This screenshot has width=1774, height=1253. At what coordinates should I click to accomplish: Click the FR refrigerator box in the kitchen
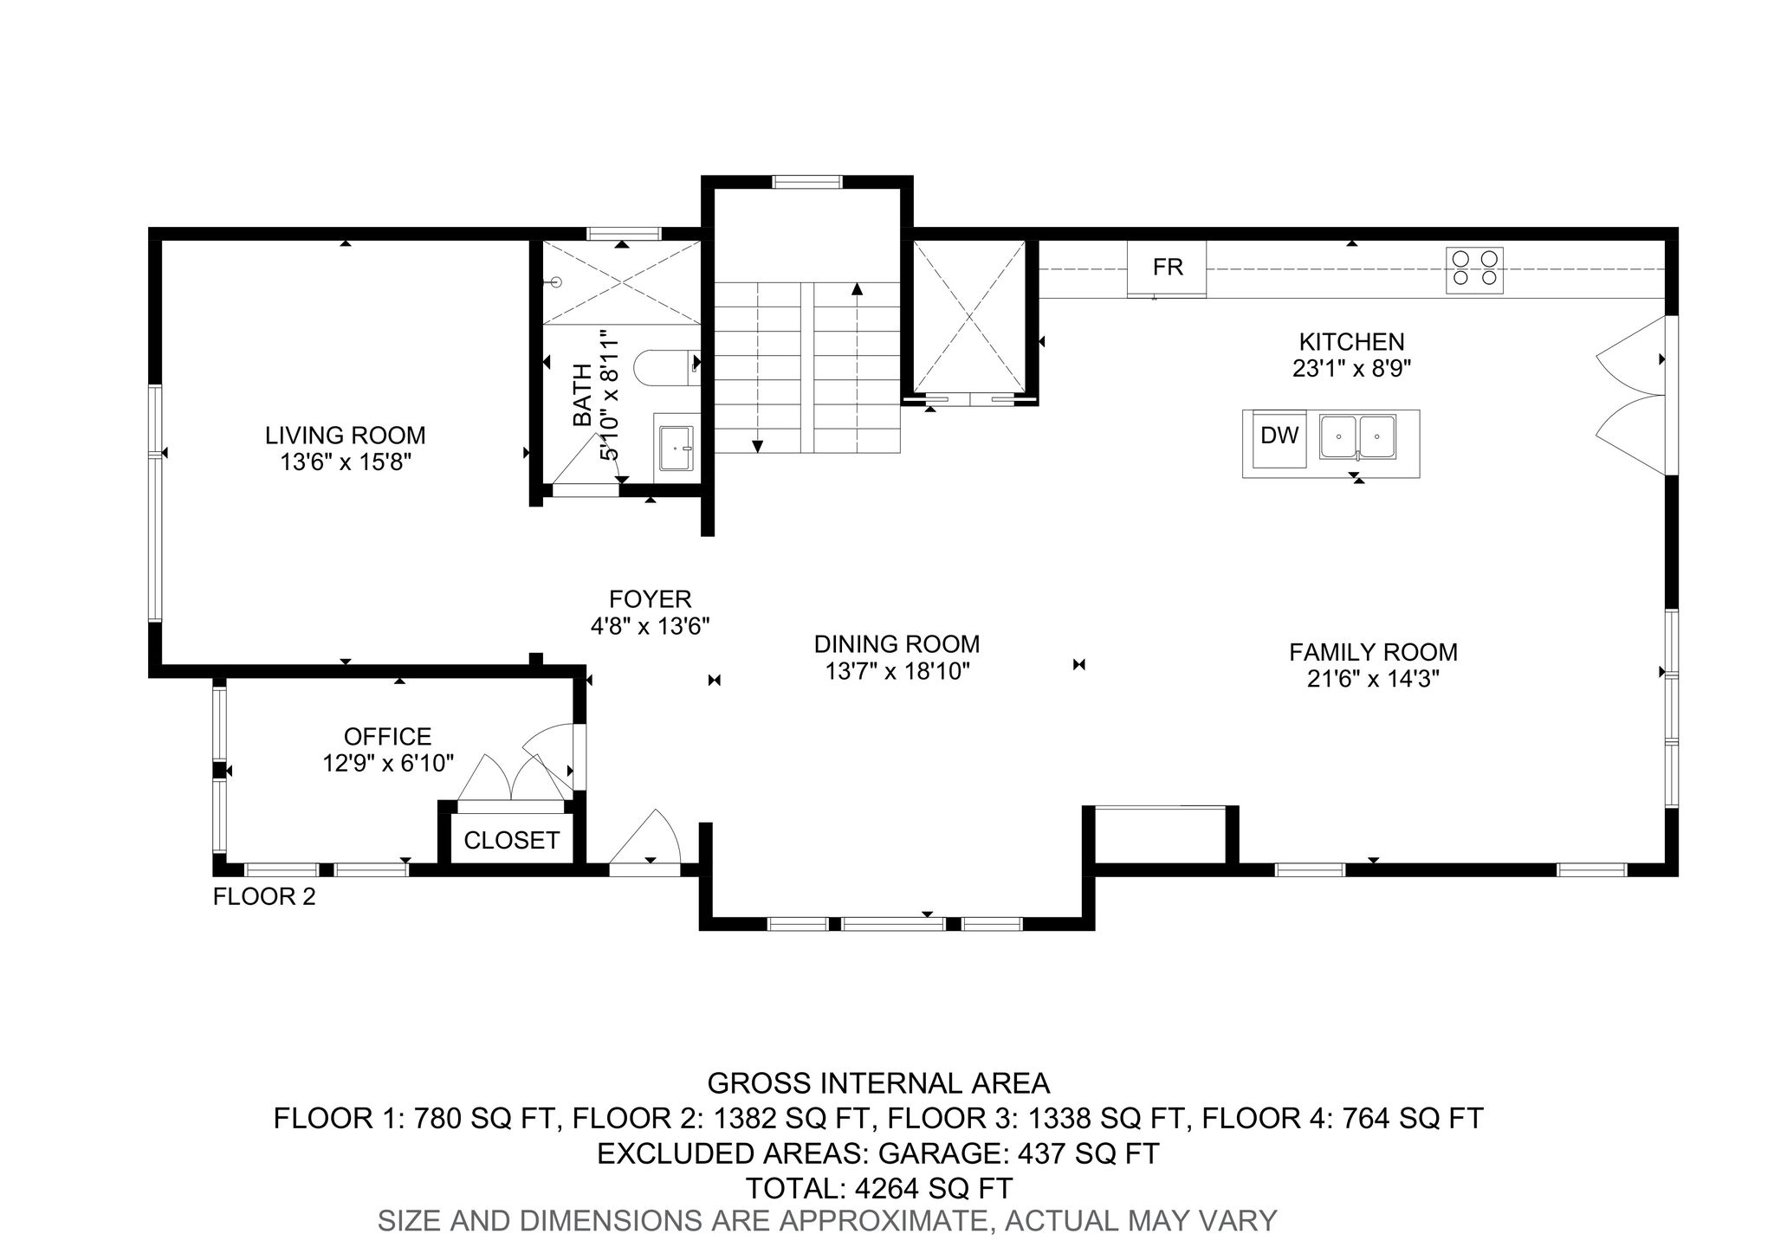[1167, 268]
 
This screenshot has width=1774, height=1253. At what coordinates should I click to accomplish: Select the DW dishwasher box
[1279, 437]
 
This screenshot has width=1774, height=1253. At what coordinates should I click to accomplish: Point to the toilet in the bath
[666, 367]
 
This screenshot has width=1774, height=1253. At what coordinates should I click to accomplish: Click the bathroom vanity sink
[676, 447]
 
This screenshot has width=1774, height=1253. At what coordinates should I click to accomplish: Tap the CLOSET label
[512, 840]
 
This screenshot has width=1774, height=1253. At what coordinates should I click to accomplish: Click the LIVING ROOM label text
[346, 435]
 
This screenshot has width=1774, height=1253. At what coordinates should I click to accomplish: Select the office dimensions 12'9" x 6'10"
[388, 763]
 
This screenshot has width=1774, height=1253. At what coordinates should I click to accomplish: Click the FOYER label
[651, 599]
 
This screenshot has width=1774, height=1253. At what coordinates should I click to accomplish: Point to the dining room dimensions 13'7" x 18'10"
[897, 671]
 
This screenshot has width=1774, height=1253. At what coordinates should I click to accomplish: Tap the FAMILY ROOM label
[1373, 652]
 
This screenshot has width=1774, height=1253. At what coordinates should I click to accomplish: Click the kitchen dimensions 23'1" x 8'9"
[1351, 369]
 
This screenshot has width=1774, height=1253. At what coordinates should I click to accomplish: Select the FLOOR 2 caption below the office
[264, 897]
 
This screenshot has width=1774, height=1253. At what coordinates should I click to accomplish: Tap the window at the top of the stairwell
[806, 182]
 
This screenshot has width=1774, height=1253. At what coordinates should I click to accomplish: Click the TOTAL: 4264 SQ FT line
[879, 1187]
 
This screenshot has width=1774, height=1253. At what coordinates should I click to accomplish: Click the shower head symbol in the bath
[556, 281]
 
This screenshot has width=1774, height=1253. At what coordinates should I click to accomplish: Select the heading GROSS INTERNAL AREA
[878, 1083]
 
